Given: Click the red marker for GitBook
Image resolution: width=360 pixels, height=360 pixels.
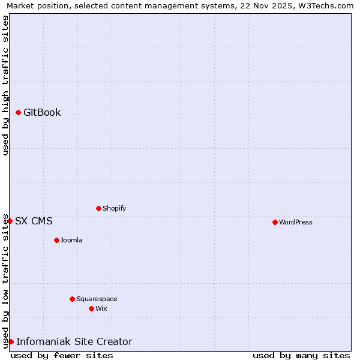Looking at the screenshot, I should (19, 113).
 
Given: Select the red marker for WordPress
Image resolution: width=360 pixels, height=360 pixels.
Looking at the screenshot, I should (275, 222).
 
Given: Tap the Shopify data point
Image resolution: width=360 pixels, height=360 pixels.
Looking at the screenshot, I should (98, 209).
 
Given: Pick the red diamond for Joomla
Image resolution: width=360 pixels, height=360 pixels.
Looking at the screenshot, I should (56, 241).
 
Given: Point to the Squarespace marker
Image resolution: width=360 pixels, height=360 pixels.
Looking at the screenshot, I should (72, 299).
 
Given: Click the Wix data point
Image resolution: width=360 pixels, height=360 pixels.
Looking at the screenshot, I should (91, 309).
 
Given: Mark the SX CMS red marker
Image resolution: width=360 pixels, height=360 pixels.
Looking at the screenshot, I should (10, 221).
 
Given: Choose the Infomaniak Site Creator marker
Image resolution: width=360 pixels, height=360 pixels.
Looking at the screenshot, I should (11, 342).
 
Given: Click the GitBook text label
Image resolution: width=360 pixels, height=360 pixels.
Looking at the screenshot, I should (42, 113).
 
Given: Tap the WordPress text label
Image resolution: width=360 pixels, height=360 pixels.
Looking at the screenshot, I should (296, 222).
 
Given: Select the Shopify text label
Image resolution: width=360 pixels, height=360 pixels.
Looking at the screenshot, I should (115, 209).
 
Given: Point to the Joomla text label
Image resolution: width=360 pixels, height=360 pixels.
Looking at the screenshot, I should (71, 241).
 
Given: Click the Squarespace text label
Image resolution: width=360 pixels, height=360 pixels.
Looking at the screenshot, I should (97, 299).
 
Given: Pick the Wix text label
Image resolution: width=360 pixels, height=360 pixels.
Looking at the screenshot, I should (101, 309).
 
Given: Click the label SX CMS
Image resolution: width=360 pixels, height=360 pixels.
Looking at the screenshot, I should (34, 221).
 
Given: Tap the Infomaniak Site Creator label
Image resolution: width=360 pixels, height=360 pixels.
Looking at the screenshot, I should (74, 342).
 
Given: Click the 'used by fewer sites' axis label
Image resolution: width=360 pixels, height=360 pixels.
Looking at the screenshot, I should (62, 356).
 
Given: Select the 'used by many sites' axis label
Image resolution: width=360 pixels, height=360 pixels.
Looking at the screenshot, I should (301, 356).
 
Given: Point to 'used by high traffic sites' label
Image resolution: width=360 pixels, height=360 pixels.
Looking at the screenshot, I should (6, 85).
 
